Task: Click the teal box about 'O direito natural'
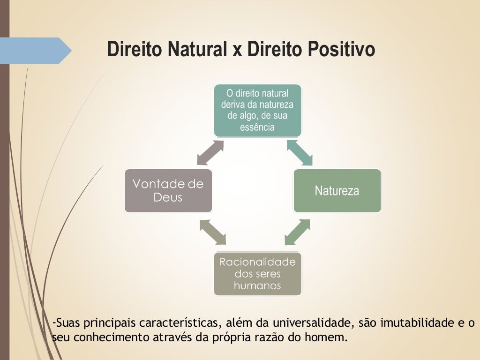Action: pos(257,110)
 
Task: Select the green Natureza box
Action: pos(337,191)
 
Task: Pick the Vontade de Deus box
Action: pos(168,191)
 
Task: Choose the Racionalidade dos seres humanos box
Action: pos(257,274)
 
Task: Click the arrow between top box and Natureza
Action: pos(300,153)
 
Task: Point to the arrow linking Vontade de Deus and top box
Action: pos(210,152)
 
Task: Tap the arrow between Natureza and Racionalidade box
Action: pos(297,232)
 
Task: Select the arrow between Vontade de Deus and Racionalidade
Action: pos(213,232)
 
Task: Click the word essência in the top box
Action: pos(257,127)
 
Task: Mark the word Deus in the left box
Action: pos(168,197)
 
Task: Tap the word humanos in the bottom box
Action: pos(257,285)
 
